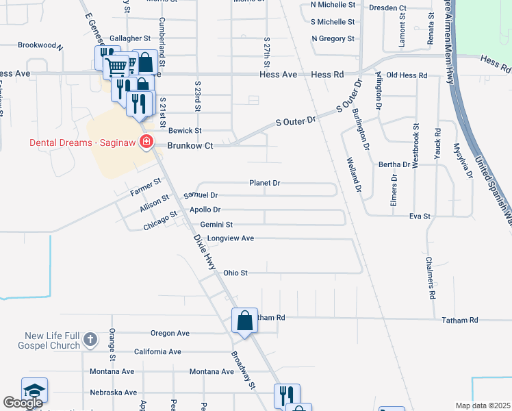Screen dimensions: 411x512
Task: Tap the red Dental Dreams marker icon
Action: pyautogui.click(x=146, y=142)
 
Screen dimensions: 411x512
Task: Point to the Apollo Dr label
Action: pyautogui.click(x=205, y=210)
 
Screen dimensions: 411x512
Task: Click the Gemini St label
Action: pyautogui.click(x=217, y=224)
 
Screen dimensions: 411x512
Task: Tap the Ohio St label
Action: pyautogui.click(x=234, y=273)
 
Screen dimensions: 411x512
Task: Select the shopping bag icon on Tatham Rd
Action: pyautogui.click(x=244, y=320)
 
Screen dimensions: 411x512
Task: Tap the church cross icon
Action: pyautogui.click(x=90, y=339)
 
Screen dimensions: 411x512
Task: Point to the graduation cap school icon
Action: pyautogui.click(x=34, y=390)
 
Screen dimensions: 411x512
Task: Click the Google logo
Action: pyautogui.click(x=23, y=403)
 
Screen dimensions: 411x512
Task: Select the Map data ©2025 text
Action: pyautogui.click(x=483, y=406)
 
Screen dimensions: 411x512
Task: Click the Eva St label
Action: pyautogui.click(x=420, y=216)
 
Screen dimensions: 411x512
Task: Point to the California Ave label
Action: pyautogui.click(x=157, y=351)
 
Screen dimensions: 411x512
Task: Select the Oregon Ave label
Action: pyautogui.click(x=170, y=334)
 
